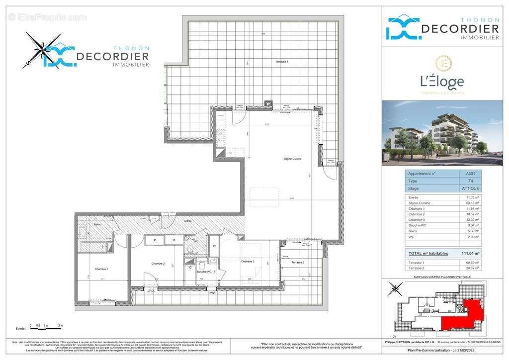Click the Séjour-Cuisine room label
click(293, 159)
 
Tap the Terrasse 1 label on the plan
click(282, 61)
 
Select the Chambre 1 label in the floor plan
click(102, 269)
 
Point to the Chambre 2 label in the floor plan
click(158, 263)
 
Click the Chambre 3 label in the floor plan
click(248, 262)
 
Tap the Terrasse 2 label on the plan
click(297, 262)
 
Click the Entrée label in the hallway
click(187, 220)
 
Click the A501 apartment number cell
click(470, 174)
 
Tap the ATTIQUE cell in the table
click(470, 188)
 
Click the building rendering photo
click(442, 133)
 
